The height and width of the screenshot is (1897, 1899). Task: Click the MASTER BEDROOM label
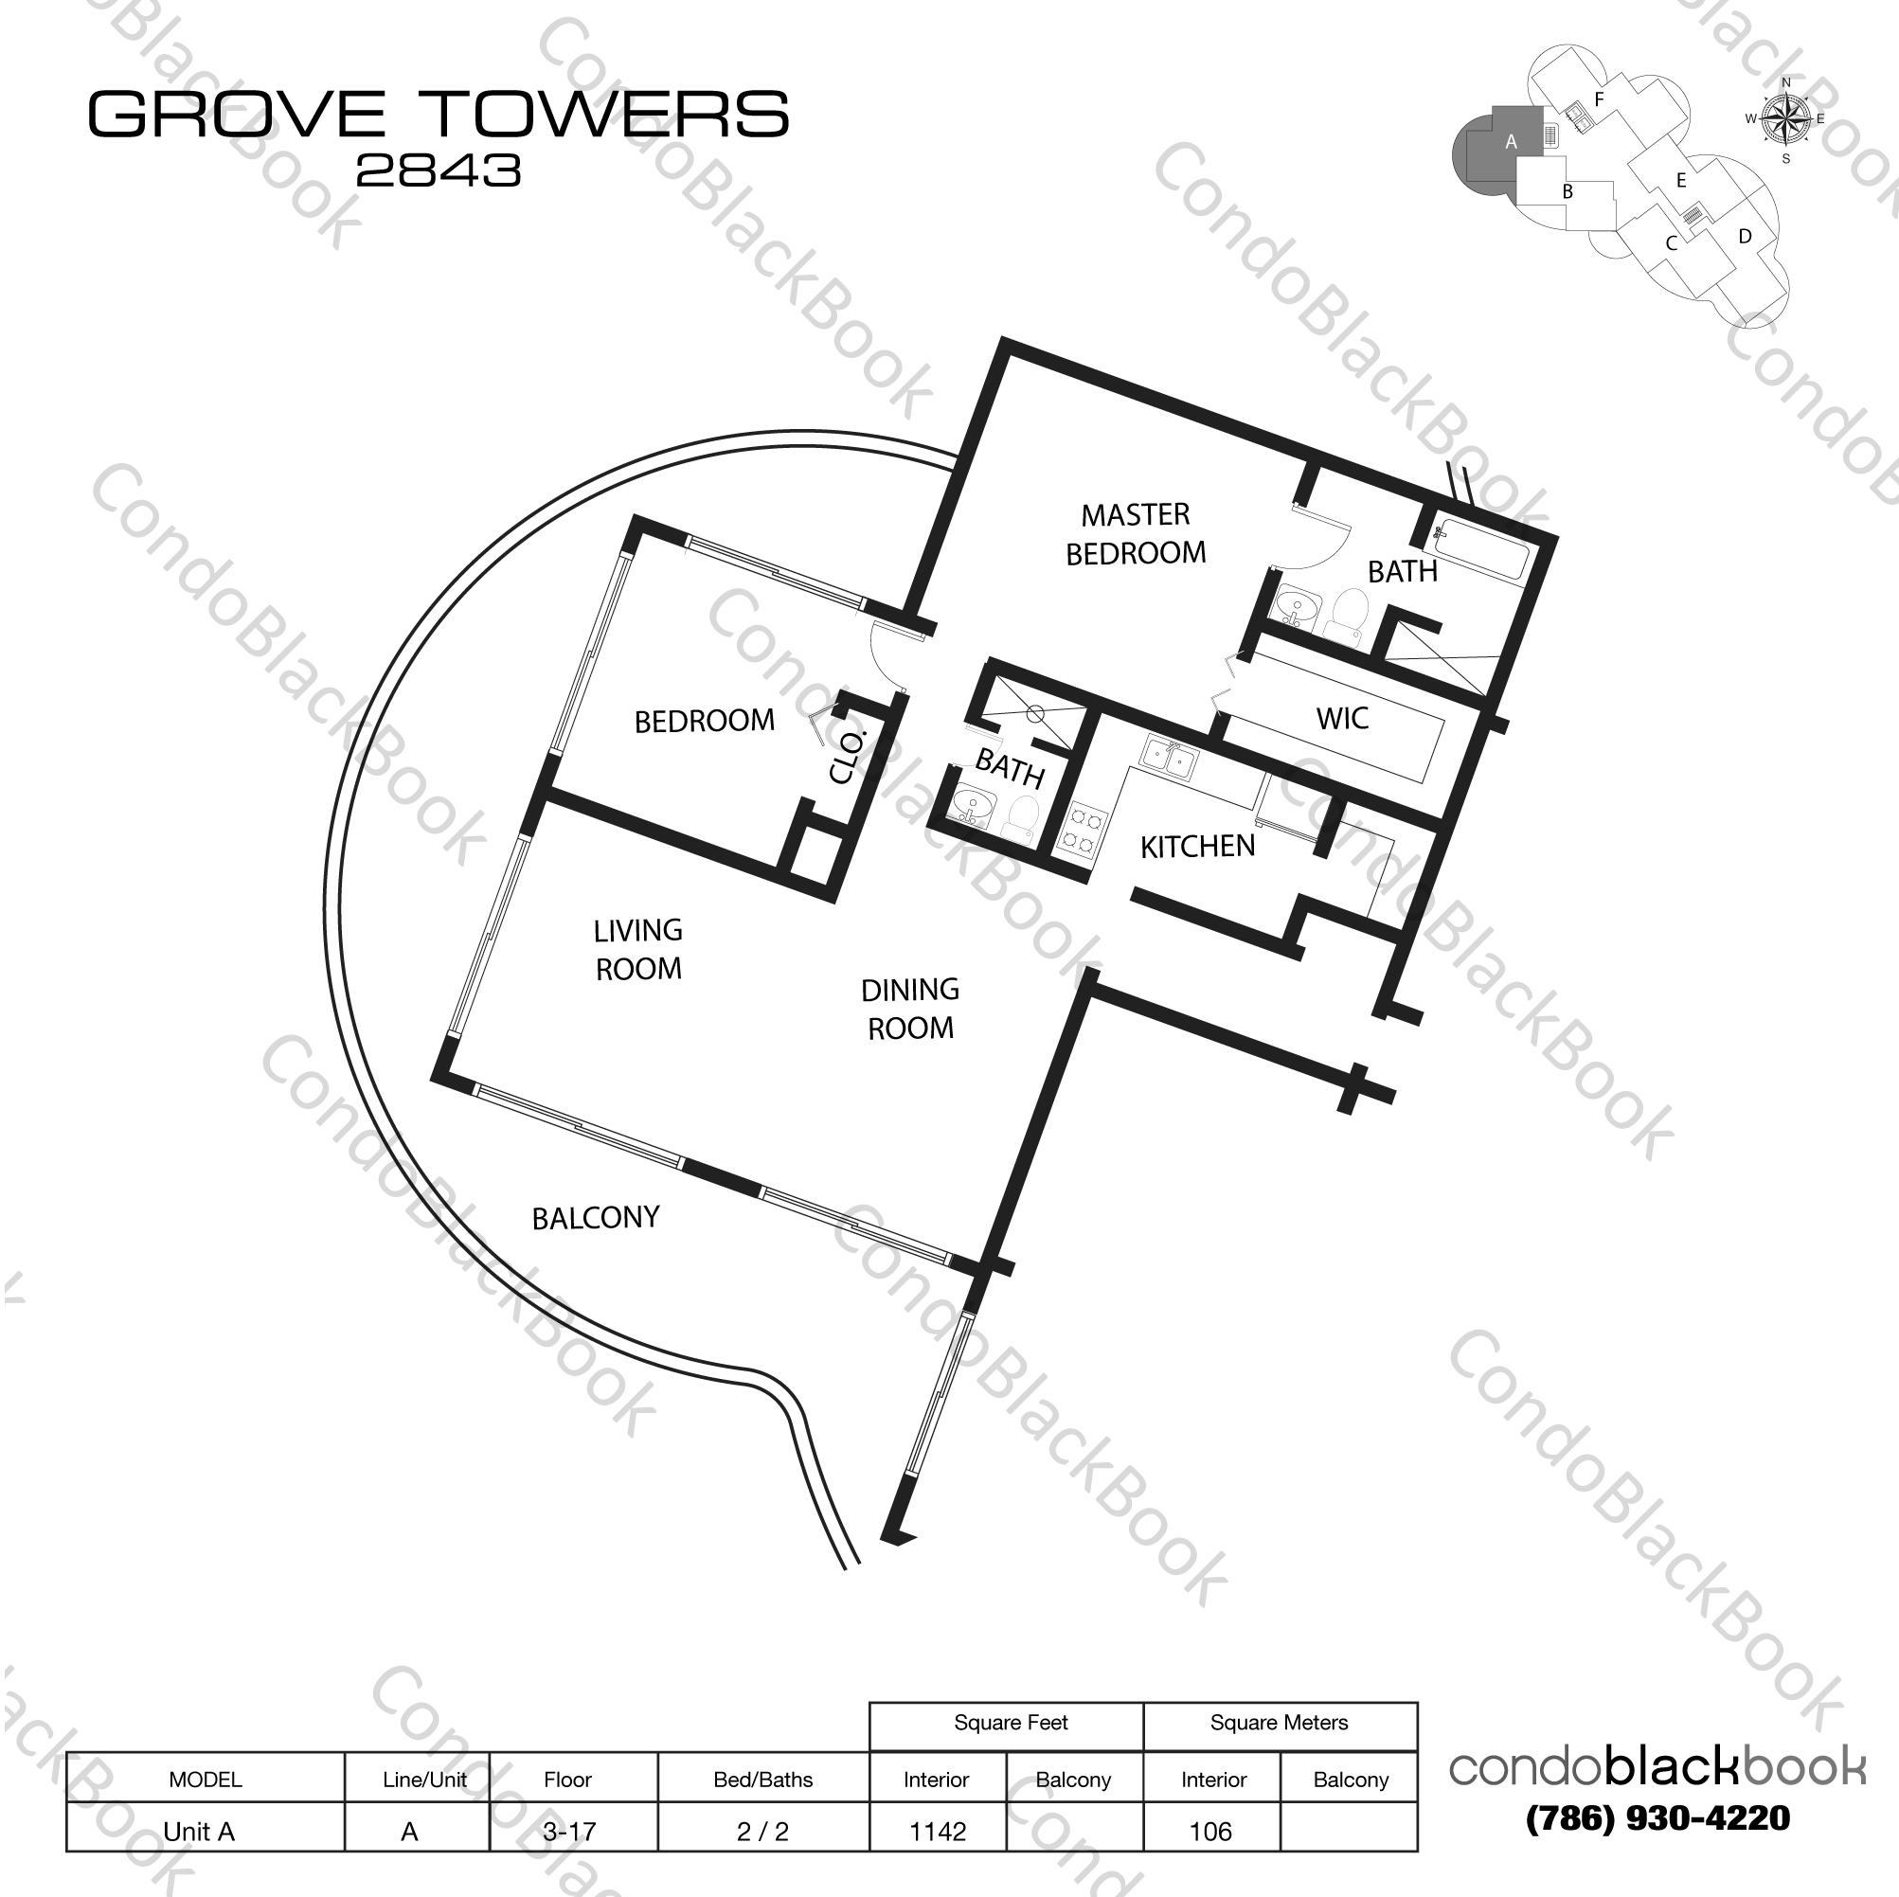point(1136,534)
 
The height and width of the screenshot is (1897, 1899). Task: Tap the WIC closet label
point(1342,719)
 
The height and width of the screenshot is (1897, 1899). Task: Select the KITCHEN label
point(1197,847)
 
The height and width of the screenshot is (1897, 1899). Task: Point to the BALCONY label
point(595,1219)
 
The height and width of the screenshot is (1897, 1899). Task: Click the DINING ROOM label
point(910,1009)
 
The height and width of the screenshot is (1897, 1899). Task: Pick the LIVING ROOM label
point(638,950)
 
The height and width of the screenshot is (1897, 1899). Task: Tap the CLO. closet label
point(847,757)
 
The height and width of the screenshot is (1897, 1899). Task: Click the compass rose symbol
point(1786,120)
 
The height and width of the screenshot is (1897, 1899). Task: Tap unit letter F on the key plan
point(1599,99)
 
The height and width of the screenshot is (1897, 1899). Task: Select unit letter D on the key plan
point(1745,236)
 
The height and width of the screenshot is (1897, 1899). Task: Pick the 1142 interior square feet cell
point(938,1831)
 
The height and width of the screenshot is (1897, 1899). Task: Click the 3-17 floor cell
point(569,1831)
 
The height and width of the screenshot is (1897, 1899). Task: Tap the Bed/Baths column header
point(762,1779)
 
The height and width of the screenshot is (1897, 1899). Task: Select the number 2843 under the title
point(439,171)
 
